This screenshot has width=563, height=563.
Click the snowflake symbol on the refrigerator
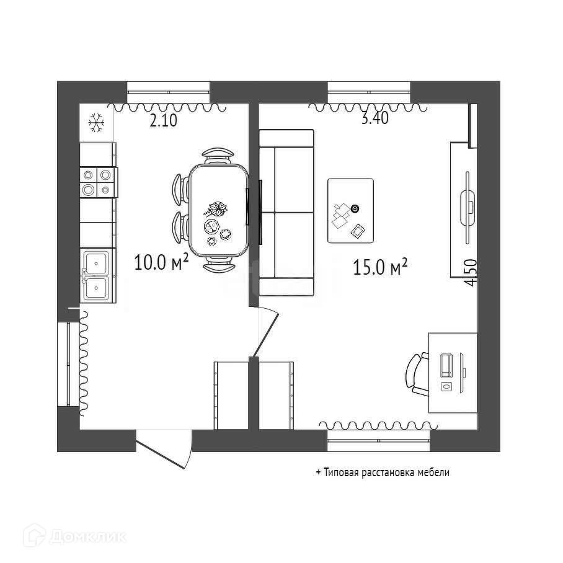click(x=96, y=123)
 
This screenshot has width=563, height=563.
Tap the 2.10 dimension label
click(x=164, y=122)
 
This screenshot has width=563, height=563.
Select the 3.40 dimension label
click(x=375, y=119)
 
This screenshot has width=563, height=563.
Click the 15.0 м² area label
click(x=379, y=267)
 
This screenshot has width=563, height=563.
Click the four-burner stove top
click(x=97, y=183)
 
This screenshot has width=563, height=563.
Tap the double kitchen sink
click(x=97, y=275)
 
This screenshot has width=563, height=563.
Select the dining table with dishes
click(x=218, y=211)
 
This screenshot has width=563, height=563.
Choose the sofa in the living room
click(x=286, y=213)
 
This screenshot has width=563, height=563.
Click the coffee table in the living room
click(x=350, y=211)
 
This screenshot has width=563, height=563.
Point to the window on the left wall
click(x=63, y=364)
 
